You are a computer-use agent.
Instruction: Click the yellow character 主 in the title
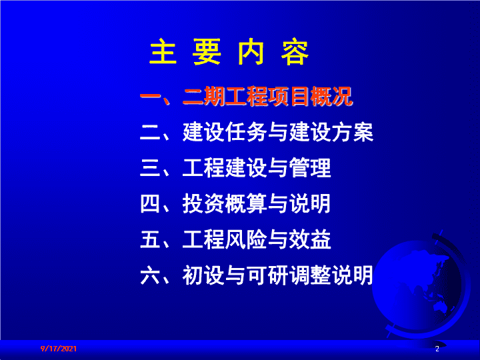coord(163,52)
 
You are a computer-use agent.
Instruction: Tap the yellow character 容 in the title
coord(295,52)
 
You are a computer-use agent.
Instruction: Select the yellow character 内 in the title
coord(251,52)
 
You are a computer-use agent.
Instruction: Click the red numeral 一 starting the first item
coord(151,97)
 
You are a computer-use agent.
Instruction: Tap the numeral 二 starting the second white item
coord(150,132)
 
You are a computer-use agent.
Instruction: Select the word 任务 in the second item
coord(245,132)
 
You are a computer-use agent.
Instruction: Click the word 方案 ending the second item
coord(353,132)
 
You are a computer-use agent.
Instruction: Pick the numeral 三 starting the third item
coord(150,168)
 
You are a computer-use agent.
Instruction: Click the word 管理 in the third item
coord(310,168)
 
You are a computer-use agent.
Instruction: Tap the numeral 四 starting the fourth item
coord(150,203)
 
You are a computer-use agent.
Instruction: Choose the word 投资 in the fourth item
coord(203,203)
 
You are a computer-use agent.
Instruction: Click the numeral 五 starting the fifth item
coord(150,239)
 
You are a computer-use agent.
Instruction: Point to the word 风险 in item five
coord(245,239)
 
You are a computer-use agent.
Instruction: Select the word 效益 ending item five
coord(310,239)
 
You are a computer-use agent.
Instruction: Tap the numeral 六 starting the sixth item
coord(150,275)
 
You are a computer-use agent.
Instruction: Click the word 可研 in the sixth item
coord(267,275)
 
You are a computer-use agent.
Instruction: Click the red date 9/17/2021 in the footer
coord(59,349)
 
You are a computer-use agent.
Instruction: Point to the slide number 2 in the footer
coord(437,349)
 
